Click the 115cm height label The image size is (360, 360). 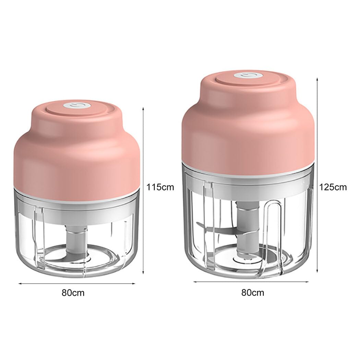160,187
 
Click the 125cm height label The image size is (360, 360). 333,187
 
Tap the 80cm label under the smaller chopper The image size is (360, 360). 73,293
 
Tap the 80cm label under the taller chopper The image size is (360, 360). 253,293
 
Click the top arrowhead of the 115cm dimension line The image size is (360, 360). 143,108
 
